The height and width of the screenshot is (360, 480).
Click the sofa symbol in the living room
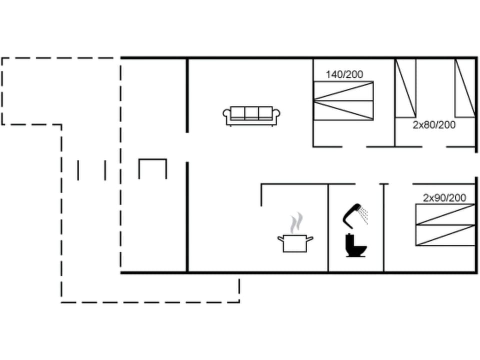(x=251, y=115)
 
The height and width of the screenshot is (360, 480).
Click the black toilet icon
(x=356, y=245)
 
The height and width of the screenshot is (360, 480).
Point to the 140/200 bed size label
(x=344, y=74)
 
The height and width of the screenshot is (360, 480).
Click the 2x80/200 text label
(x=434, y=125)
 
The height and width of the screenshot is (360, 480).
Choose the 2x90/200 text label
(x=444, y=197)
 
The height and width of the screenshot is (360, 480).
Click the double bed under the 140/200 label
(x=343, y=101)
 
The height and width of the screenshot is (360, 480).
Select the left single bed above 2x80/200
(x=405, y=88)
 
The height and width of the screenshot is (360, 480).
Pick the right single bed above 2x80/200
(x=464, y=88)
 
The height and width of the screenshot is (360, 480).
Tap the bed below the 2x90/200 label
(x=445, y=224)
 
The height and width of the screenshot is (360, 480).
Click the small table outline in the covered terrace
(x=152, y=168)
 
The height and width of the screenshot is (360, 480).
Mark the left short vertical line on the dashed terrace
(x=78, y=170)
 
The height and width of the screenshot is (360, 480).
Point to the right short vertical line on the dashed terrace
(x=105, y=170)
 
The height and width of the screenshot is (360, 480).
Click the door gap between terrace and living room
(x=187, y=147)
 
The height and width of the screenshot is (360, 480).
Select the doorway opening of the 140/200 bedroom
(x=354, y=146)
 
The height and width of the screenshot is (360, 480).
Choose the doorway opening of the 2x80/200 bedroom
(x=434, y=146)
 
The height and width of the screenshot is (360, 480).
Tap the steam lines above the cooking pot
(x=297, y=220)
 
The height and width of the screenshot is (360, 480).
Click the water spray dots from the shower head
(x=364, y=215)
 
